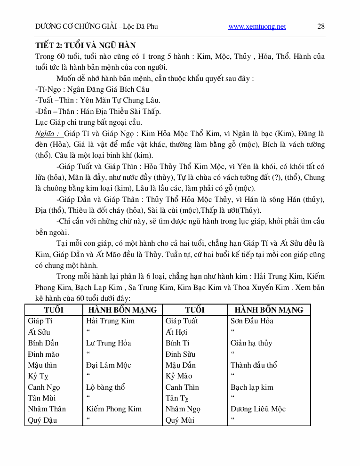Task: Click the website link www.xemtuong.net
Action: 257,26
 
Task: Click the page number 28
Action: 321,26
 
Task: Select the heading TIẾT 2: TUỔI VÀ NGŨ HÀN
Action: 86,46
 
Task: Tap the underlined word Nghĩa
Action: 47,133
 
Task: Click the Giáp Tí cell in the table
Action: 40,321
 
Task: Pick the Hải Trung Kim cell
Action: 110,321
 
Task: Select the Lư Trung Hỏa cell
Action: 108,343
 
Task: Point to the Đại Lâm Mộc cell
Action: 108,365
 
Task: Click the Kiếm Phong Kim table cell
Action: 113,409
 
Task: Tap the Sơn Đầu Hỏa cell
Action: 252,321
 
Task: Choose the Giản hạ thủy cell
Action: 251,343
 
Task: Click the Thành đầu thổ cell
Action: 254,365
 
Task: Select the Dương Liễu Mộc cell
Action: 258,409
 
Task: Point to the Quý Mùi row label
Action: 180,420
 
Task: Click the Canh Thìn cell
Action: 182,387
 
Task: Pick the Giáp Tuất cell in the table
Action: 182,321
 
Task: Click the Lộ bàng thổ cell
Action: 105,387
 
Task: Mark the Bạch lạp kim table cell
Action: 252,387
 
